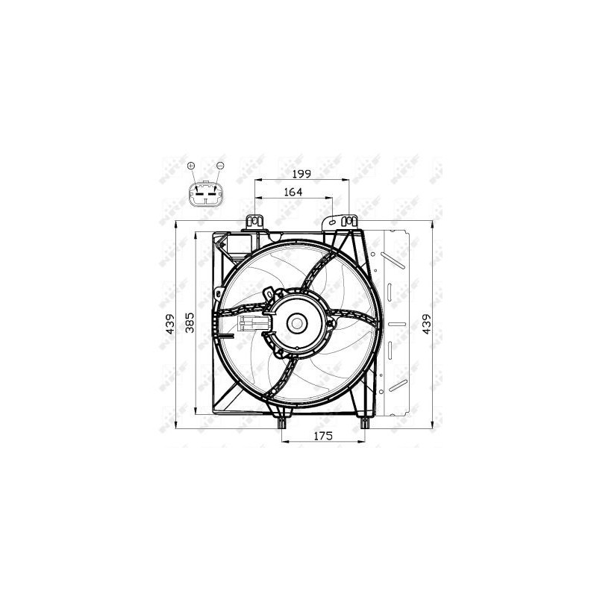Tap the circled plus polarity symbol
click(x=191, y=165)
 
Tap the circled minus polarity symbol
click(x=219, y=165)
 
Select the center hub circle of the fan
click(x=296, y=323)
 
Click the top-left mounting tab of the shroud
click(x=254, y=221)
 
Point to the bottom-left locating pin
click(x=282, y=423)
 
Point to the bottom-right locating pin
click(x=365, y=423)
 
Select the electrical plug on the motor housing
click(x=251, y=323)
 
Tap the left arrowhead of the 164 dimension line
click(x=258, y=198)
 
